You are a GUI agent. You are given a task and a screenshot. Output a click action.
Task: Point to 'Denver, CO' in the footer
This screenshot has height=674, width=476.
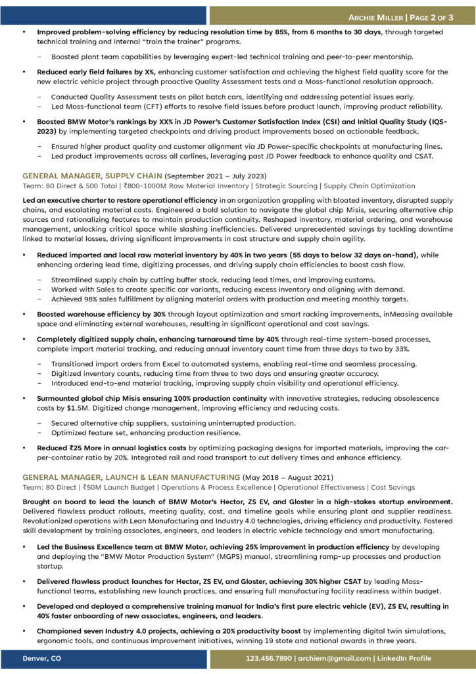42,658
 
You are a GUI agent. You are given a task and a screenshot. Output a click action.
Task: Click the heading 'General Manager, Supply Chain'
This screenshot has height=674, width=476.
91,176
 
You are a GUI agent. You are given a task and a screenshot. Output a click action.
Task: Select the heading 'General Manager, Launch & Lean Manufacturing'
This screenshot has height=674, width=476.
131,477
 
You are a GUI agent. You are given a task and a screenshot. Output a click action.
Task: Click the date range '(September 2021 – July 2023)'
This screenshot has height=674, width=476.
214,176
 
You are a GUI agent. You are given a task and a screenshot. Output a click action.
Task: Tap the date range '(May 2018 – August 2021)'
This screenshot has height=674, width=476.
287,477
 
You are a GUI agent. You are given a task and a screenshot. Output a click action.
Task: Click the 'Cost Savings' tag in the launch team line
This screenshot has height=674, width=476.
393,487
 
